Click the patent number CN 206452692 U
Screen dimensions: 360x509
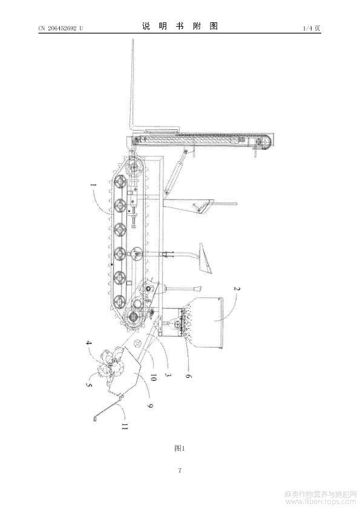click(x=61, y=28)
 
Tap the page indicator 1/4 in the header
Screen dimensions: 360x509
click(x=307, y=28)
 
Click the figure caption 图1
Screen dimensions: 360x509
click(x=179, y=449)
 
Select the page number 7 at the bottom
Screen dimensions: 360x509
click(x=180, y=470)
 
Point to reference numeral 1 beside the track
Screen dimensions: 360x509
click(x=94, y=185)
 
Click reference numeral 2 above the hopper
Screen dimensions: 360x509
click(x=237, y=288)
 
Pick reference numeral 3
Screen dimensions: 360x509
click(x=168, y=374)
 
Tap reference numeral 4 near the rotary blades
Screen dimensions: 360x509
click(x=88, y=342)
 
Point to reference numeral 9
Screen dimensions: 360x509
click(x=150, y=406)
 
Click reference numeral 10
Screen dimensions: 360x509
click(x=153, y=378)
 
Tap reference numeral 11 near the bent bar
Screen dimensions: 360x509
click(x=124, y=426)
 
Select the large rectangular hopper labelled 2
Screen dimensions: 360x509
click(x=204, y=323)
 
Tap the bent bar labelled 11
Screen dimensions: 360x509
click(x=108, y=407)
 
